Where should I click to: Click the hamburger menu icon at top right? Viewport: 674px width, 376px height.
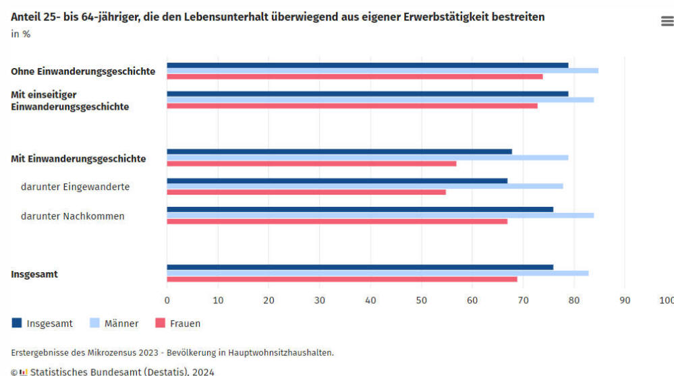667,22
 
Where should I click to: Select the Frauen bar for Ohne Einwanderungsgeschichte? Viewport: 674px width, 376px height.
355,76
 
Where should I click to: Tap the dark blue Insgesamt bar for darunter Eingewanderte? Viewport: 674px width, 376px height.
337,181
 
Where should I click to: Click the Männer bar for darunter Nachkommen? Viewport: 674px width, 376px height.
381,215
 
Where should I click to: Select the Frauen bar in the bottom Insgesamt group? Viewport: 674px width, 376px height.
342,279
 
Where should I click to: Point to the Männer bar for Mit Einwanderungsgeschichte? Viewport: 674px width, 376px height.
368,158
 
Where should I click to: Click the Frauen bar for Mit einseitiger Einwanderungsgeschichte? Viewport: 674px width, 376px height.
352,106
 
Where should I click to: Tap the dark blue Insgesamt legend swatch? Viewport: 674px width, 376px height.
17,323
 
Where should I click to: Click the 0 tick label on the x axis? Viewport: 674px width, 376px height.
167,301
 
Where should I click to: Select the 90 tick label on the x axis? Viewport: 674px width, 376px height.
625,301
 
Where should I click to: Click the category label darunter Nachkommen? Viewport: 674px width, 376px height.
72,216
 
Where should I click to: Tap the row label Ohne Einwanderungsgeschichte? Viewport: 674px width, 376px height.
83,71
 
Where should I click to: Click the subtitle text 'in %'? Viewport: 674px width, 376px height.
20,34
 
